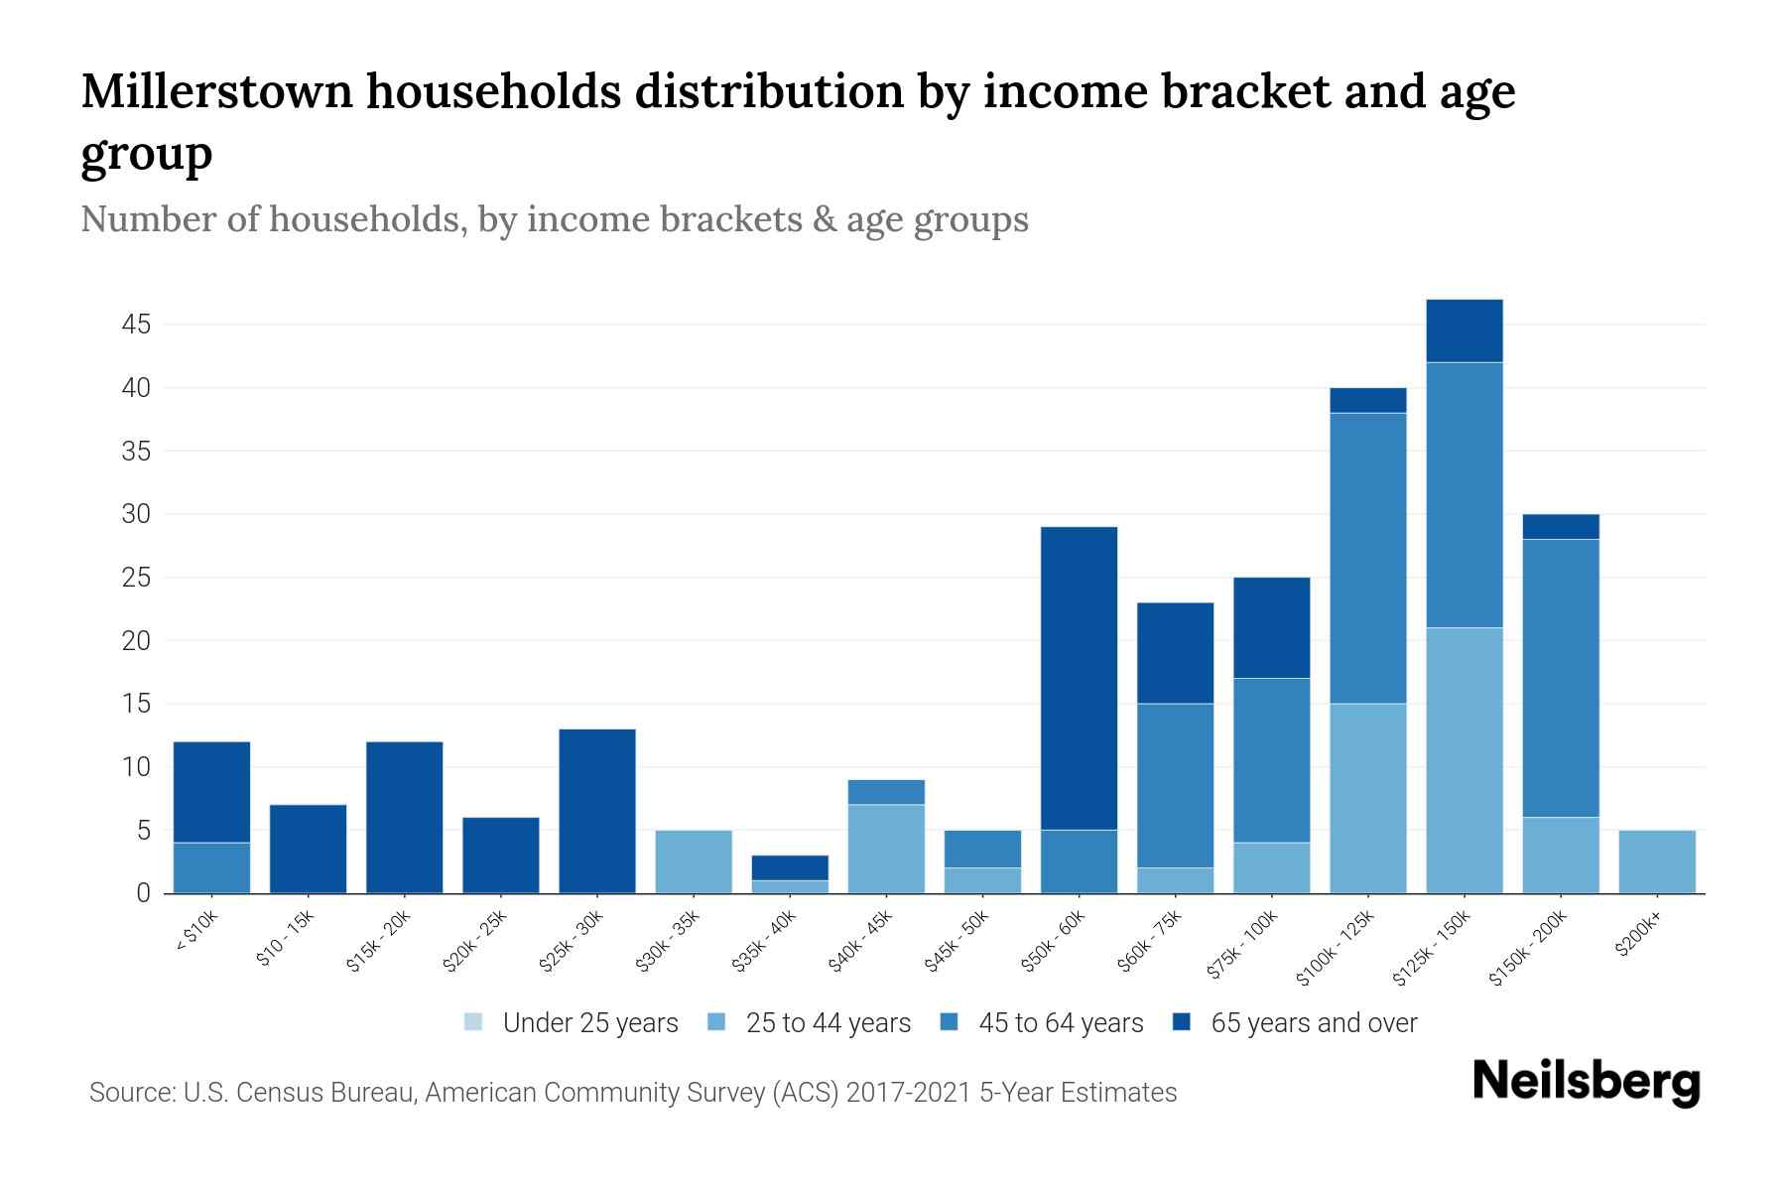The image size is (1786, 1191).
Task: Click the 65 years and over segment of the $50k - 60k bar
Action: (1079, 678)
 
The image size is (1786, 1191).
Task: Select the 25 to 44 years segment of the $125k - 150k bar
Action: (1464, 760)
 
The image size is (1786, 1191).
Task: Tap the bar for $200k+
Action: (1656, 861)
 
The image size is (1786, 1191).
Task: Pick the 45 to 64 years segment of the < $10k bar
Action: (211, 867)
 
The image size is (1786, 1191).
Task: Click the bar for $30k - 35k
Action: (694, 861)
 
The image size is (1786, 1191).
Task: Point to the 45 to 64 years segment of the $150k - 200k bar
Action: (1560, 678)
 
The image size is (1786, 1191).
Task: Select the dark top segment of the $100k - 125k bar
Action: (1367, 400)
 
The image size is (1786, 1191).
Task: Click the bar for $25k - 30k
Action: (597, 811)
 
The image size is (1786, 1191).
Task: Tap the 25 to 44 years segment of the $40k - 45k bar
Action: (886, 849)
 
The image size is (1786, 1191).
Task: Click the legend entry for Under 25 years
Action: (589, 1022)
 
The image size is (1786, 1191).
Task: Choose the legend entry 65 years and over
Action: (1313, 1022)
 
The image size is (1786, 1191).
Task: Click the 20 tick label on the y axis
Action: (137, 641)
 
